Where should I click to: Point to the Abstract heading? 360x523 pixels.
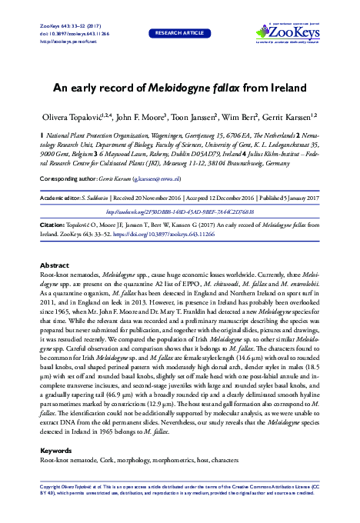[x=54, y=265]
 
